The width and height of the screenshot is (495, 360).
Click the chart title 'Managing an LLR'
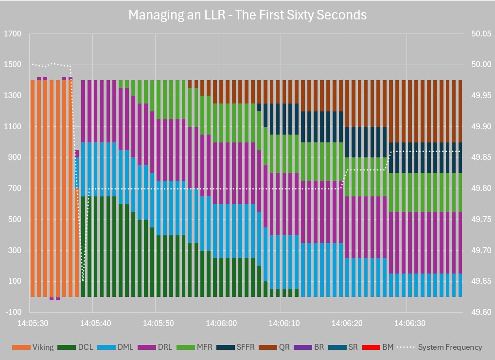tap(247, 15)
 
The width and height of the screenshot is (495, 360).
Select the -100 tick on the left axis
tap(13, 312)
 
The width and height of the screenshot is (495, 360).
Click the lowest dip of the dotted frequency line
tap(83, 280)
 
